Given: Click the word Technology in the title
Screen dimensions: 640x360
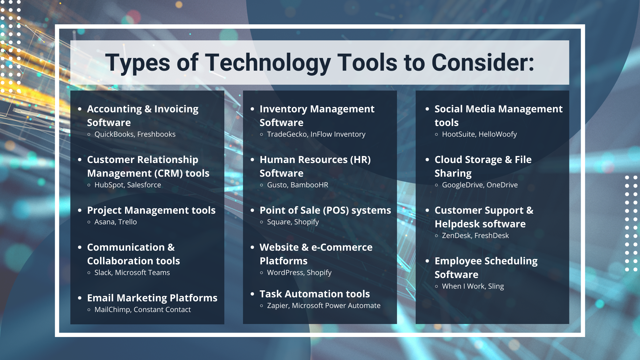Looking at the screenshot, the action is (268, 63).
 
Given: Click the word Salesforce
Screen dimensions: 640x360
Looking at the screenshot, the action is (144, 185).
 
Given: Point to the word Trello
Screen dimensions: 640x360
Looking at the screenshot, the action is (127, 222).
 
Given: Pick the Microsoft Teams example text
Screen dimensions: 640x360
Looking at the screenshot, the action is (142, 273).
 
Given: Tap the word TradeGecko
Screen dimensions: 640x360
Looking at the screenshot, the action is (287, 134).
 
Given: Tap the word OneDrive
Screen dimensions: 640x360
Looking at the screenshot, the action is (502, 185).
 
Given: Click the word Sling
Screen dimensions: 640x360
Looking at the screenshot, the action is (496, 286).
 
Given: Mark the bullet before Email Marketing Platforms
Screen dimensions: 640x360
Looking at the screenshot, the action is (80, 298).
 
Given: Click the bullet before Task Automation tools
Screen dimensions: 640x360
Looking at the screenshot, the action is (252, 294).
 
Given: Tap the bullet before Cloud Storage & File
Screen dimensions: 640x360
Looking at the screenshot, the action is (427, 160).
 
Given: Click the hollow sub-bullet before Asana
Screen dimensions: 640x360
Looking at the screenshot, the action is (89, 222).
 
